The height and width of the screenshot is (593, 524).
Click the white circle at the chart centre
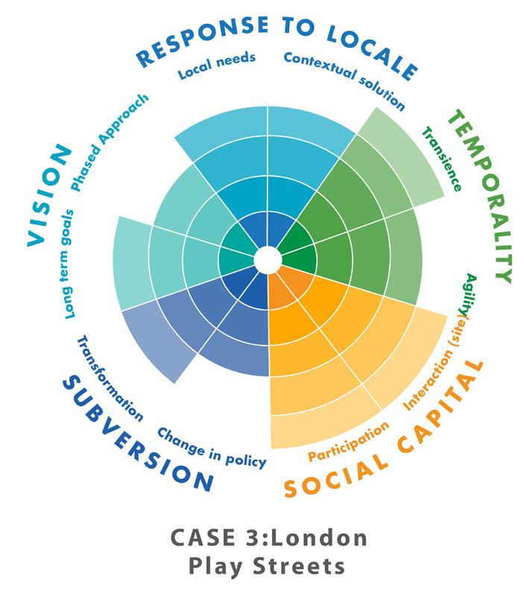pyautogui.click(x=268, y=260)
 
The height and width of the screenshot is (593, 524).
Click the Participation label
pyautogui.click(x=349, y=440)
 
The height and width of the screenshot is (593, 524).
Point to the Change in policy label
pyautogui.click(x=212, y=447)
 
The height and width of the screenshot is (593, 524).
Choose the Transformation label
pyautogui.click(x=109, y=376)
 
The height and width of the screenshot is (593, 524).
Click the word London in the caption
pyautogui.click(x=309, y=538)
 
